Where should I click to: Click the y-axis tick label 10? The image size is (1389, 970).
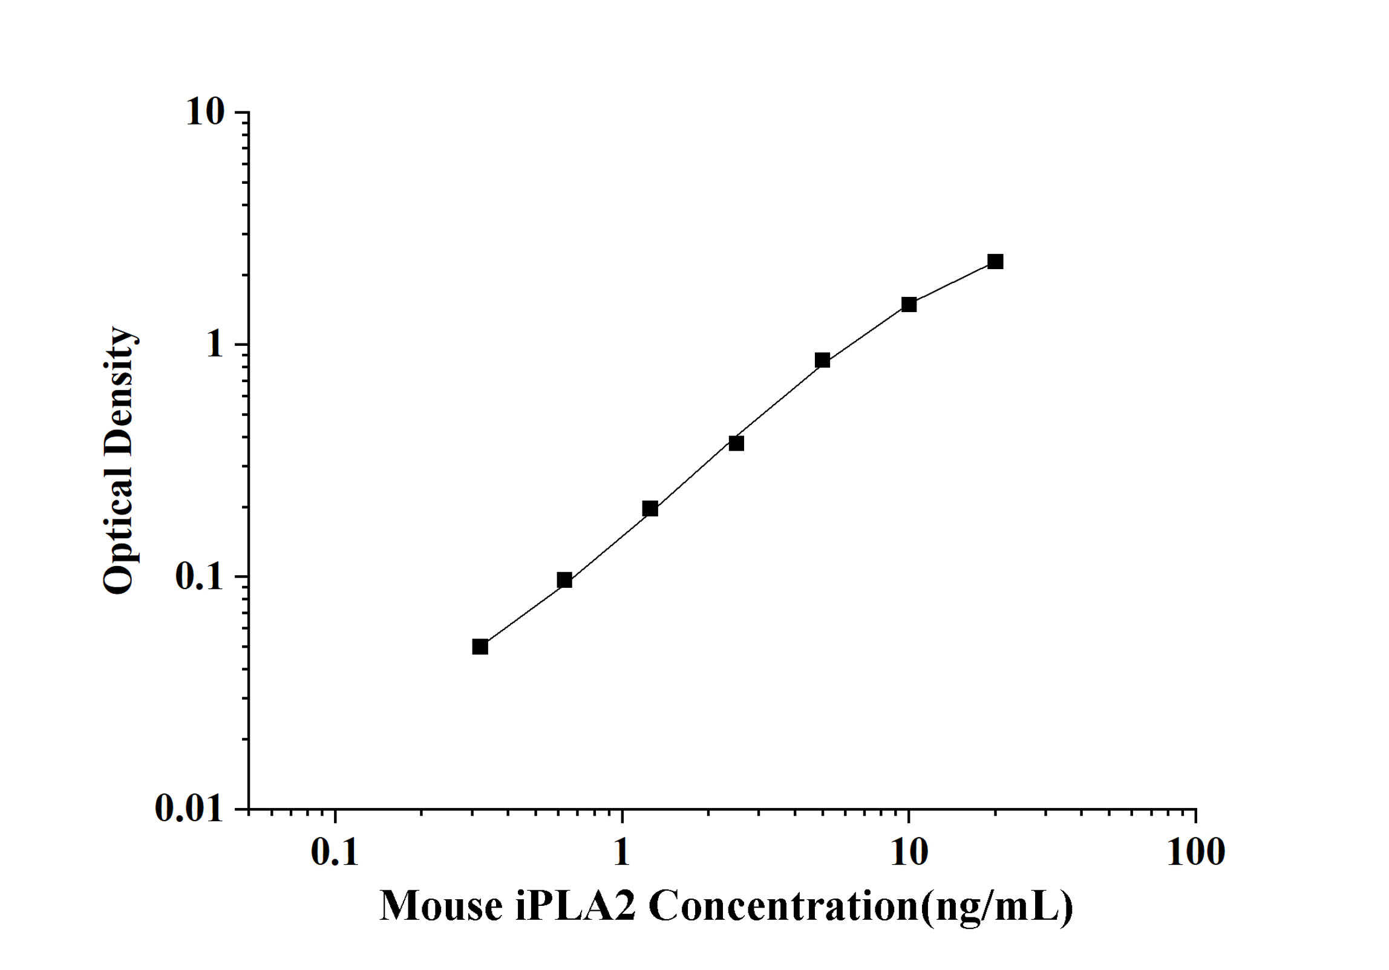click(x=204, y=112)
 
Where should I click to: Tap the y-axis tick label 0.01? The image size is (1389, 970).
click(x=189, y=808)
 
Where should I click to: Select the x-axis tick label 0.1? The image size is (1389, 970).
click(x=335, y=853)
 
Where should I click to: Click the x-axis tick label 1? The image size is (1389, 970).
click(x=621, y=853)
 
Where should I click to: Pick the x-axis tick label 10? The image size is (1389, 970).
click(x=909, y=853)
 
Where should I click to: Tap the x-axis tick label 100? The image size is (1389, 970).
click(x=1195, y=853)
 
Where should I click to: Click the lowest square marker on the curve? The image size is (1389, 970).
click(x=480, y=647)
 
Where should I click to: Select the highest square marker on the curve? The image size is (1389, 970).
click(x=995, y=262)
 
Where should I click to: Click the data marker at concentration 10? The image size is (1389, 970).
click(x=909, y=305)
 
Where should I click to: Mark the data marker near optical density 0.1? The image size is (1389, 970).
click(x=564, y=581)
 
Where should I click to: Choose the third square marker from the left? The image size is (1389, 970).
click(x=650, y=509)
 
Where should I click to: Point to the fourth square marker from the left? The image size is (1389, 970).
click(x=736, y=443)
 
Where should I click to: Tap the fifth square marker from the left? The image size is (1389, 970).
click(x=822, y=360)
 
